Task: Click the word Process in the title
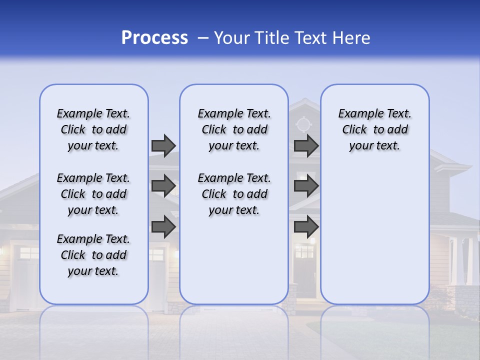154,38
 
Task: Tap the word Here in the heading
351,38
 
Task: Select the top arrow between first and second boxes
163,145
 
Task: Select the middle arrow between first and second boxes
163,186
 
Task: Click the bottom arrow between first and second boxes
163,227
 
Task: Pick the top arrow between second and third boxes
306,145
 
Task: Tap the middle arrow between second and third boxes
306,186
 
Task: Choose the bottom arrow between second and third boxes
306,227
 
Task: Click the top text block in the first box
93,129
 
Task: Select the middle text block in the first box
93,194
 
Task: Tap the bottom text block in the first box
93,255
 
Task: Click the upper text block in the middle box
234,129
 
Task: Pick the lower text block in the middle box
234,194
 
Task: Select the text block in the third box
374,129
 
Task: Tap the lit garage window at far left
29,253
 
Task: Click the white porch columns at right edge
462,260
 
